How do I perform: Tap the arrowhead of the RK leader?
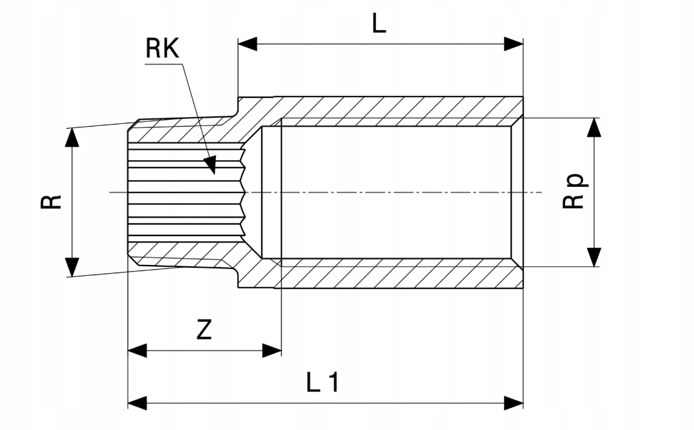click(210, 164)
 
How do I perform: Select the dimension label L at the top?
click(379, 23)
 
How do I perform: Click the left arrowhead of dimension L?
click(247, 44)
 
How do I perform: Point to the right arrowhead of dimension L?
click(514, 44)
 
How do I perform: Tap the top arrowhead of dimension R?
click(71, 137)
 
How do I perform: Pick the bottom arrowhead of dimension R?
click(71, 267)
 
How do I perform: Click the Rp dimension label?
click(574, 192)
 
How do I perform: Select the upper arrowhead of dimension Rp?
click(594, 127)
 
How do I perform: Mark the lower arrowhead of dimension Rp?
click(594, 257)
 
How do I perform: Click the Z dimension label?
click(203, 330)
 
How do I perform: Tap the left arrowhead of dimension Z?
click(138, 351)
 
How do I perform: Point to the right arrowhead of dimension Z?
click(272, 351)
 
